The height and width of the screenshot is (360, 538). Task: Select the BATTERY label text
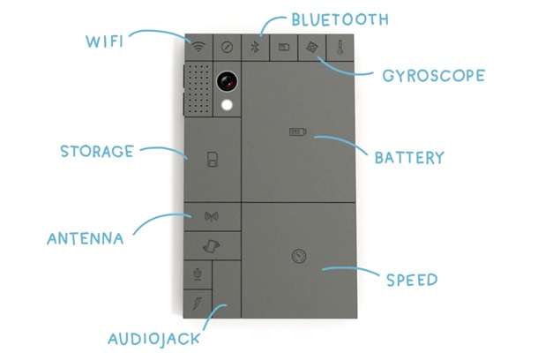[408, 158]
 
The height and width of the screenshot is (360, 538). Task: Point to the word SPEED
[411, 280]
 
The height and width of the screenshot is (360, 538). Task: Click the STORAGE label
[96, 151]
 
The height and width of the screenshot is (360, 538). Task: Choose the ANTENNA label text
[86, 236]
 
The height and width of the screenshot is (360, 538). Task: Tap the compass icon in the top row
[227, 48]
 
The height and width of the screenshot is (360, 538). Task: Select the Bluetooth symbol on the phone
[254, 48]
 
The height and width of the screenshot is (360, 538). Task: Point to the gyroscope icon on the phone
[310, 48]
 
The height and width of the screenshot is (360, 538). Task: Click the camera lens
[228, 83]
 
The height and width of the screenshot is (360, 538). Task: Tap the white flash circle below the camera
[228, 107]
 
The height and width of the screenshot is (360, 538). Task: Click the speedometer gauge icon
[297, 257]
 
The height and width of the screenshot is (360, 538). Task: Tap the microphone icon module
[198, 274]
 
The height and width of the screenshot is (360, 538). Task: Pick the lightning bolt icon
[198, 304]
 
